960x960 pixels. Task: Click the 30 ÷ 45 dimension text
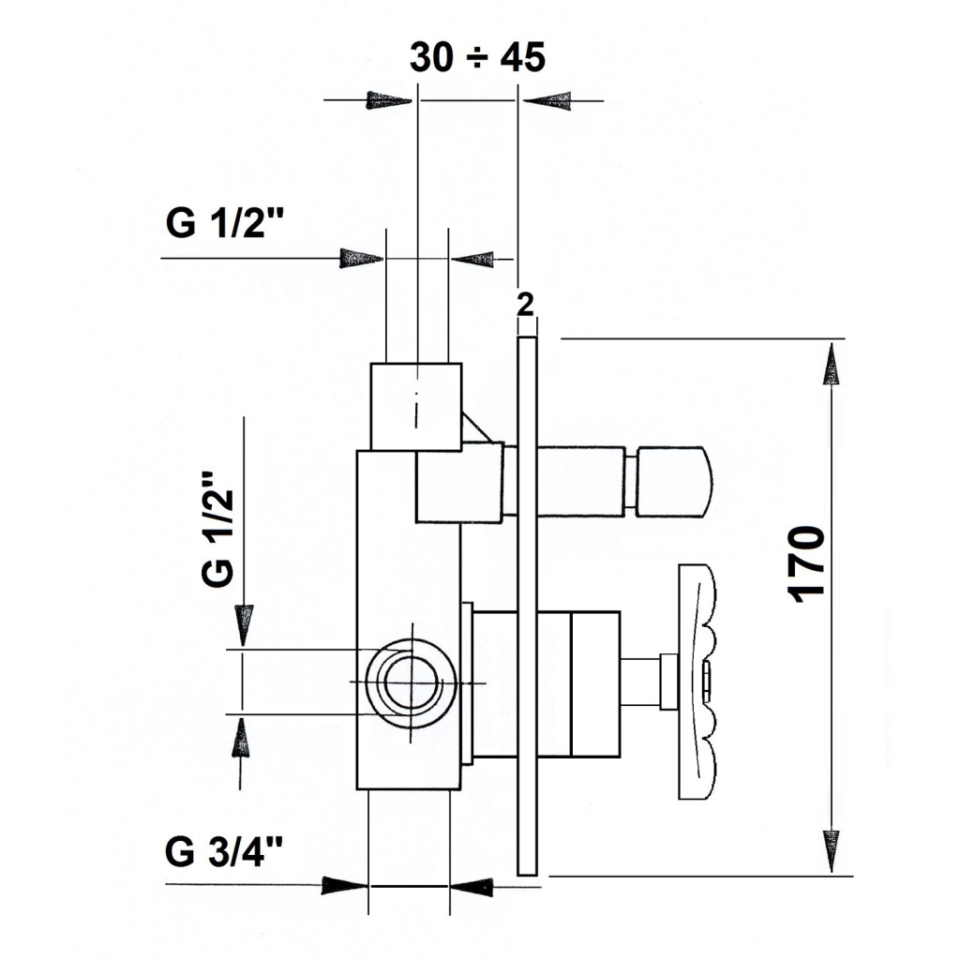pyautogui.click(x=477, y=57)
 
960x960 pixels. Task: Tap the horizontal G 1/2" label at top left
pyautogui.click(x=225, y=222)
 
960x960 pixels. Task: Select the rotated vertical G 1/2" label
pyautogui.click(x=217, y=529)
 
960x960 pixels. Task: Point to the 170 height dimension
pyautogui.click(x=807, y=563)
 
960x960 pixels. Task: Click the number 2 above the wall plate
pyautogui.click(x=525, y=305)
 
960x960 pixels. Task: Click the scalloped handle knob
pyautogui.click(x=697, y=682)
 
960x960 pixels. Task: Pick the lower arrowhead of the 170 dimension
pyautogui.click(x=831, y=851)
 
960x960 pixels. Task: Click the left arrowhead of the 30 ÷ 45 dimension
pyautogui.click(x=389, y=100)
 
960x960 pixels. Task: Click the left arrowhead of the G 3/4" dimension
pyautogui.click(x=344, y=885)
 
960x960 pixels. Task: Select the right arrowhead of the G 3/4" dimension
pyautogui.click(x=472, y=886)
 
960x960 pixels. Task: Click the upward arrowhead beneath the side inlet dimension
pyautogui.click(x=243, y=739)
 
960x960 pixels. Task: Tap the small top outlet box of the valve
pyautogui.click(x=415, y=407)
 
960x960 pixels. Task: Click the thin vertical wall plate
pyautogui.click(x=527, y=607)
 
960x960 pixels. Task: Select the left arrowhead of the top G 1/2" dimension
pyautogui.click(x=362, y=259)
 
